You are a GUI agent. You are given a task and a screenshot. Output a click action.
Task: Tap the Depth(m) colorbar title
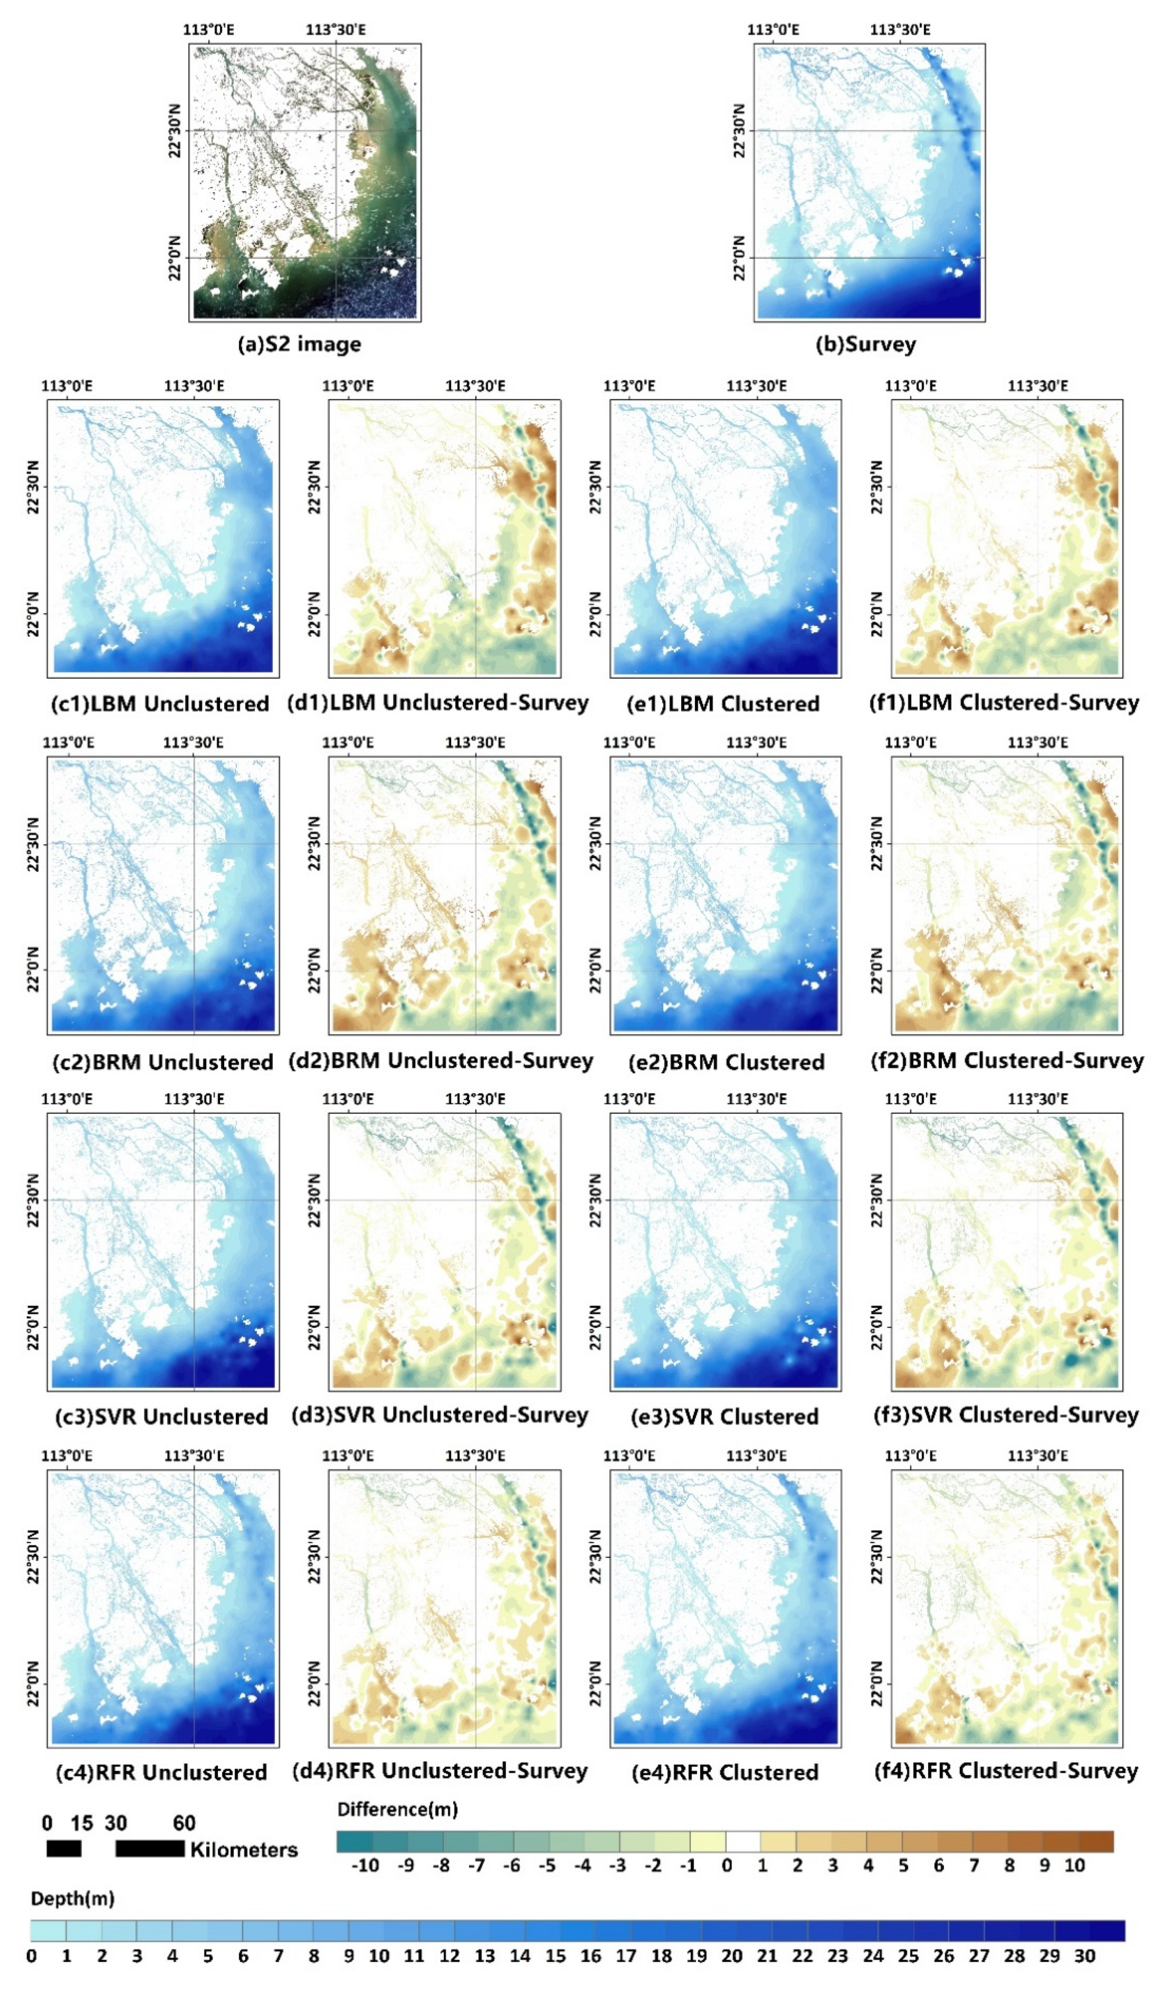(x=72, y=1899)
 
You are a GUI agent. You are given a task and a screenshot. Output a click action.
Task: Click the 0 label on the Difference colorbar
(x=726, y=1866)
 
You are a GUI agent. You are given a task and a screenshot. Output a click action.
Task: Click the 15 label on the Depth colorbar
(x=555, y=1956)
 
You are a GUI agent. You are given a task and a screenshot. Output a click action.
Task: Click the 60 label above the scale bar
(x=184, y=1824)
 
